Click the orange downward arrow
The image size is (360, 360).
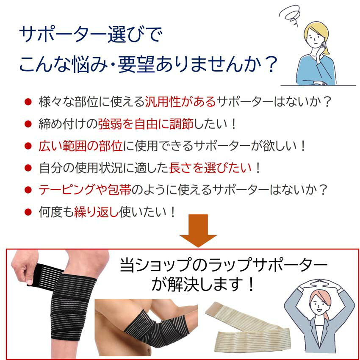click(x=198, y=231)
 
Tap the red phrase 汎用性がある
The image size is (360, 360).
click(x=181, y=102)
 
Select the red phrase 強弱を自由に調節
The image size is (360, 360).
click(x=146, y=124)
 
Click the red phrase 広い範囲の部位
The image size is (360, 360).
click(x=80, y=146)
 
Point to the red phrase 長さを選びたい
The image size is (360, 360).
click(x=210, y=168)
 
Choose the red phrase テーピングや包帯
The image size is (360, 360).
click(x=85, y=190)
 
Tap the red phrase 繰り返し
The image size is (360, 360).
click(x=96, y=212)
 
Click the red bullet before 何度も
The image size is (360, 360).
click(x=28, y=212)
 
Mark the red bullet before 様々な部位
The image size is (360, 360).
click(x=28, y=102)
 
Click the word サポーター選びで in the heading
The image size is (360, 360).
click(x=91, y=34)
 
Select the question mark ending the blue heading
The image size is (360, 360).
click(x=271, y=64)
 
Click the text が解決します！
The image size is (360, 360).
click(x=203, y=284)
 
